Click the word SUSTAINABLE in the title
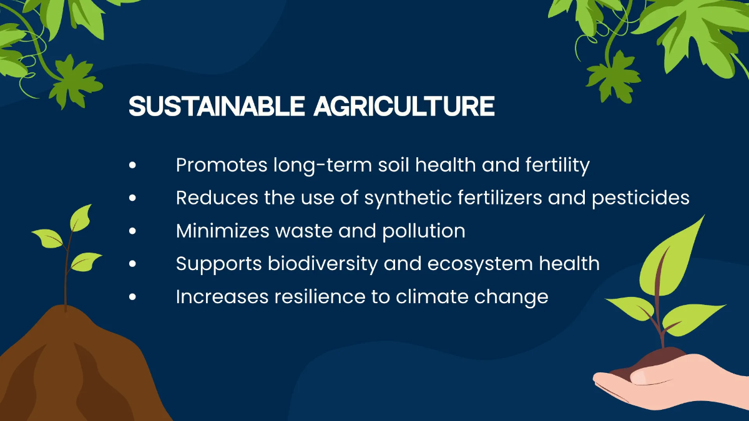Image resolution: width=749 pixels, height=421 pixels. (x=217, y=106)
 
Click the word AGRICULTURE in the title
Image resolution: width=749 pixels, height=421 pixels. (x=404, y=106)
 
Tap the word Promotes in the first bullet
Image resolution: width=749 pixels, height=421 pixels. (x=222, y=165)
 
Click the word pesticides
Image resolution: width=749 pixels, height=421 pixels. (x=640, y=198)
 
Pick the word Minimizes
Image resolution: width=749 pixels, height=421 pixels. (x=223, y=231)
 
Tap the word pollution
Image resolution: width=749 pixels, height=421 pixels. (x=424, y=231)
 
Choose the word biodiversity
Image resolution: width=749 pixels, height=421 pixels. (x=323, y=264)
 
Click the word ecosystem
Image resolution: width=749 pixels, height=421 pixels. (x=480, y=264)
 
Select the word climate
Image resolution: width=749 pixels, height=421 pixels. (x=432, y=296)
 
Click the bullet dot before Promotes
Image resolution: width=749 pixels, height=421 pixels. (x=132, y=165)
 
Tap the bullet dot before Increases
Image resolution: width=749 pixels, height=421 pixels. (x=132, y=297)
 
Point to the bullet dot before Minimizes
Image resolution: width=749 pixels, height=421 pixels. (x=132, y=231)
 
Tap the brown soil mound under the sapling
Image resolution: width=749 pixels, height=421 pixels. (x=77, y=367)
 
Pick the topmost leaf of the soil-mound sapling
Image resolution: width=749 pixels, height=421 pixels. (x=81, y=218)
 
